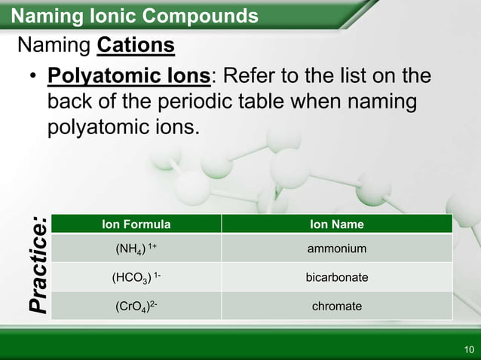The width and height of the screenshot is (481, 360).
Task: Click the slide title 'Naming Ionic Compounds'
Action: coord(136,16)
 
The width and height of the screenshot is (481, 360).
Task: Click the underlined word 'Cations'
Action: coord(136,47)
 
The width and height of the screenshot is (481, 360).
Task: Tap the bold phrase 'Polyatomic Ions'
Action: coord(129,77)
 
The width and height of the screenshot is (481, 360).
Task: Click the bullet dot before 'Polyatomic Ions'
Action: coord(33,78)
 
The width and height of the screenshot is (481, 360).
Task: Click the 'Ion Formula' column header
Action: coord(136,224)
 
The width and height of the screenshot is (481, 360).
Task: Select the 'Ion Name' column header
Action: coord(336,224)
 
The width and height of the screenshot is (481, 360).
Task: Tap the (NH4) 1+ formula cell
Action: coord(136,249)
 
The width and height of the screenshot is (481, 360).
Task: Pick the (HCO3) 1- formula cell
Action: coord(136,278)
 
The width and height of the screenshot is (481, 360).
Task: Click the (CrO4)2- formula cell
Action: coord(136,307)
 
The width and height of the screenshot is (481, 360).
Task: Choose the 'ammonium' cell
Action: coord(336,249)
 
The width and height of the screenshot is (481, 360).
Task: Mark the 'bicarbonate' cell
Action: coord(336,278)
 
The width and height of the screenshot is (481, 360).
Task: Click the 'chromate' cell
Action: coord(336,307)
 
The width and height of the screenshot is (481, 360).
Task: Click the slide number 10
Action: coord(469,349)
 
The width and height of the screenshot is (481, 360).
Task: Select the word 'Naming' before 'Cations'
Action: coord(54,47)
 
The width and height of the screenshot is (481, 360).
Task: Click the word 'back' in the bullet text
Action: coord(69,101)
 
